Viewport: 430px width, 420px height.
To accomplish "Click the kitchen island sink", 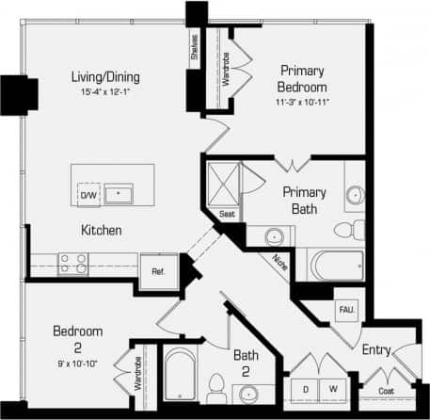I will coord(119,194).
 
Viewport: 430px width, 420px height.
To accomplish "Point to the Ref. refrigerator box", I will coord(158,270).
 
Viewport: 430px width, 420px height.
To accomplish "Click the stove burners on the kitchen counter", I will coord(73,262).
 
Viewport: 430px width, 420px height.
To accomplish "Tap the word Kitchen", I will coord(101,230).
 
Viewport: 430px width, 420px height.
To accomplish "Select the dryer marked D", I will coord(307,389).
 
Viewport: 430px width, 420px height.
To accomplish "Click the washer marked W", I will coord(332,389).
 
